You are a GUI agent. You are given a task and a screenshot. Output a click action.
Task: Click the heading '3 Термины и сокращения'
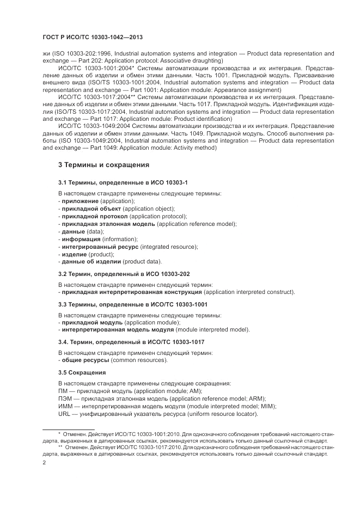103,164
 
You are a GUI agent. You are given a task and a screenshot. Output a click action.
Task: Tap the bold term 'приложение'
80,201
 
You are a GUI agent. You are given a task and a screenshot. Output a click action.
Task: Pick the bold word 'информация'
81,239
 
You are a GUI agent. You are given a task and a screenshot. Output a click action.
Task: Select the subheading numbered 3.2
124,274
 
